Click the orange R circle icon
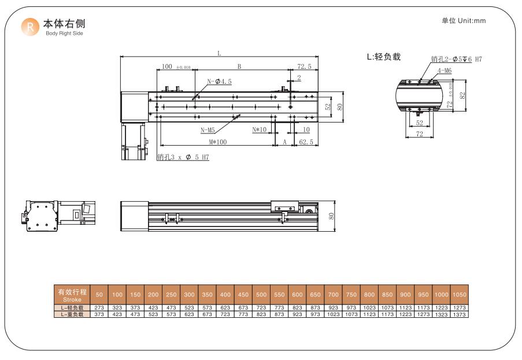(x=30, y=27)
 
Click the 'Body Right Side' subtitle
(x=64, y=34)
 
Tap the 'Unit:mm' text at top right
(x=471, y=21)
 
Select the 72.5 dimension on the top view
(x=304, y=66)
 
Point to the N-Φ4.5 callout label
(x=219, y=81)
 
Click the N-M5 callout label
(x=208, y=130)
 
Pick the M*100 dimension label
(x=218, y=142)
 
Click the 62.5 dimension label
(x=306, y=142)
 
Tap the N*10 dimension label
(x=260, y=129)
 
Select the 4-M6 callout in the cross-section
(x=445, y=70)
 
